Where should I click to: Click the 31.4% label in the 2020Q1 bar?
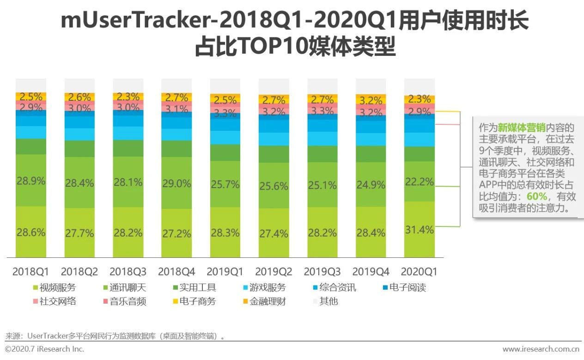tap(419, 230)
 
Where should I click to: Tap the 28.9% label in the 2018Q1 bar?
tap(31, 181)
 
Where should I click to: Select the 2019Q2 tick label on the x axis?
tap(274, 271)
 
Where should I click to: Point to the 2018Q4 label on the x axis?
tap(176, 271)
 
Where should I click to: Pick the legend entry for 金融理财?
tap(264, 302)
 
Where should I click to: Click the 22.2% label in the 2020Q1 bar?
tap(419, 182)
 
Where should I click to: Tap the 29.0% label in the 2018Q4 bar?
tap(176, 183)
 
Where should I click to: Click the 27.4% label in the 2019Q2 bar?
tap(274, 233)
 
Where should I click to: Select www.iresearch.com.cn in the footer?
tap(541, 349)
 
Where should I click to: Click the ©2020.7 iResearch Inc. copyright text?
tap(44, 349)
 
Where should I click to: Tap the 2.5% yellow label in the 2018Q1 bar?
tap(31, 97)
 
